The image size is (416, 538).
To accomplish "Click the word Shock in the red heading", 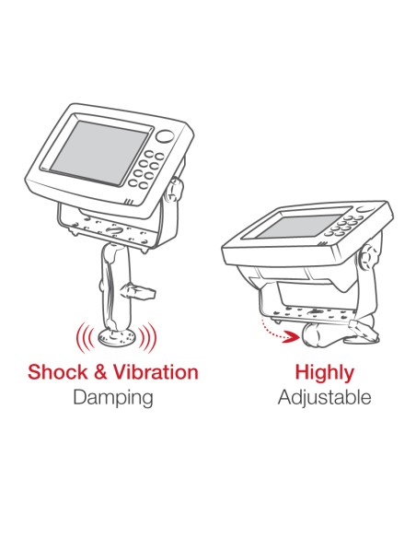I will coord(58,372).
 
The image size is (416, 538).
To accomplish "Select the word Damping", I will coord(112,398).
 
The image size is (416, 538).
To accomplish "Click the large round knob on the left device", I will coord(165,136).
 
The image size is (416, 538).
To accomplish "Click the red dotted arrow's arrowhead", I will coord(295,337).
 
